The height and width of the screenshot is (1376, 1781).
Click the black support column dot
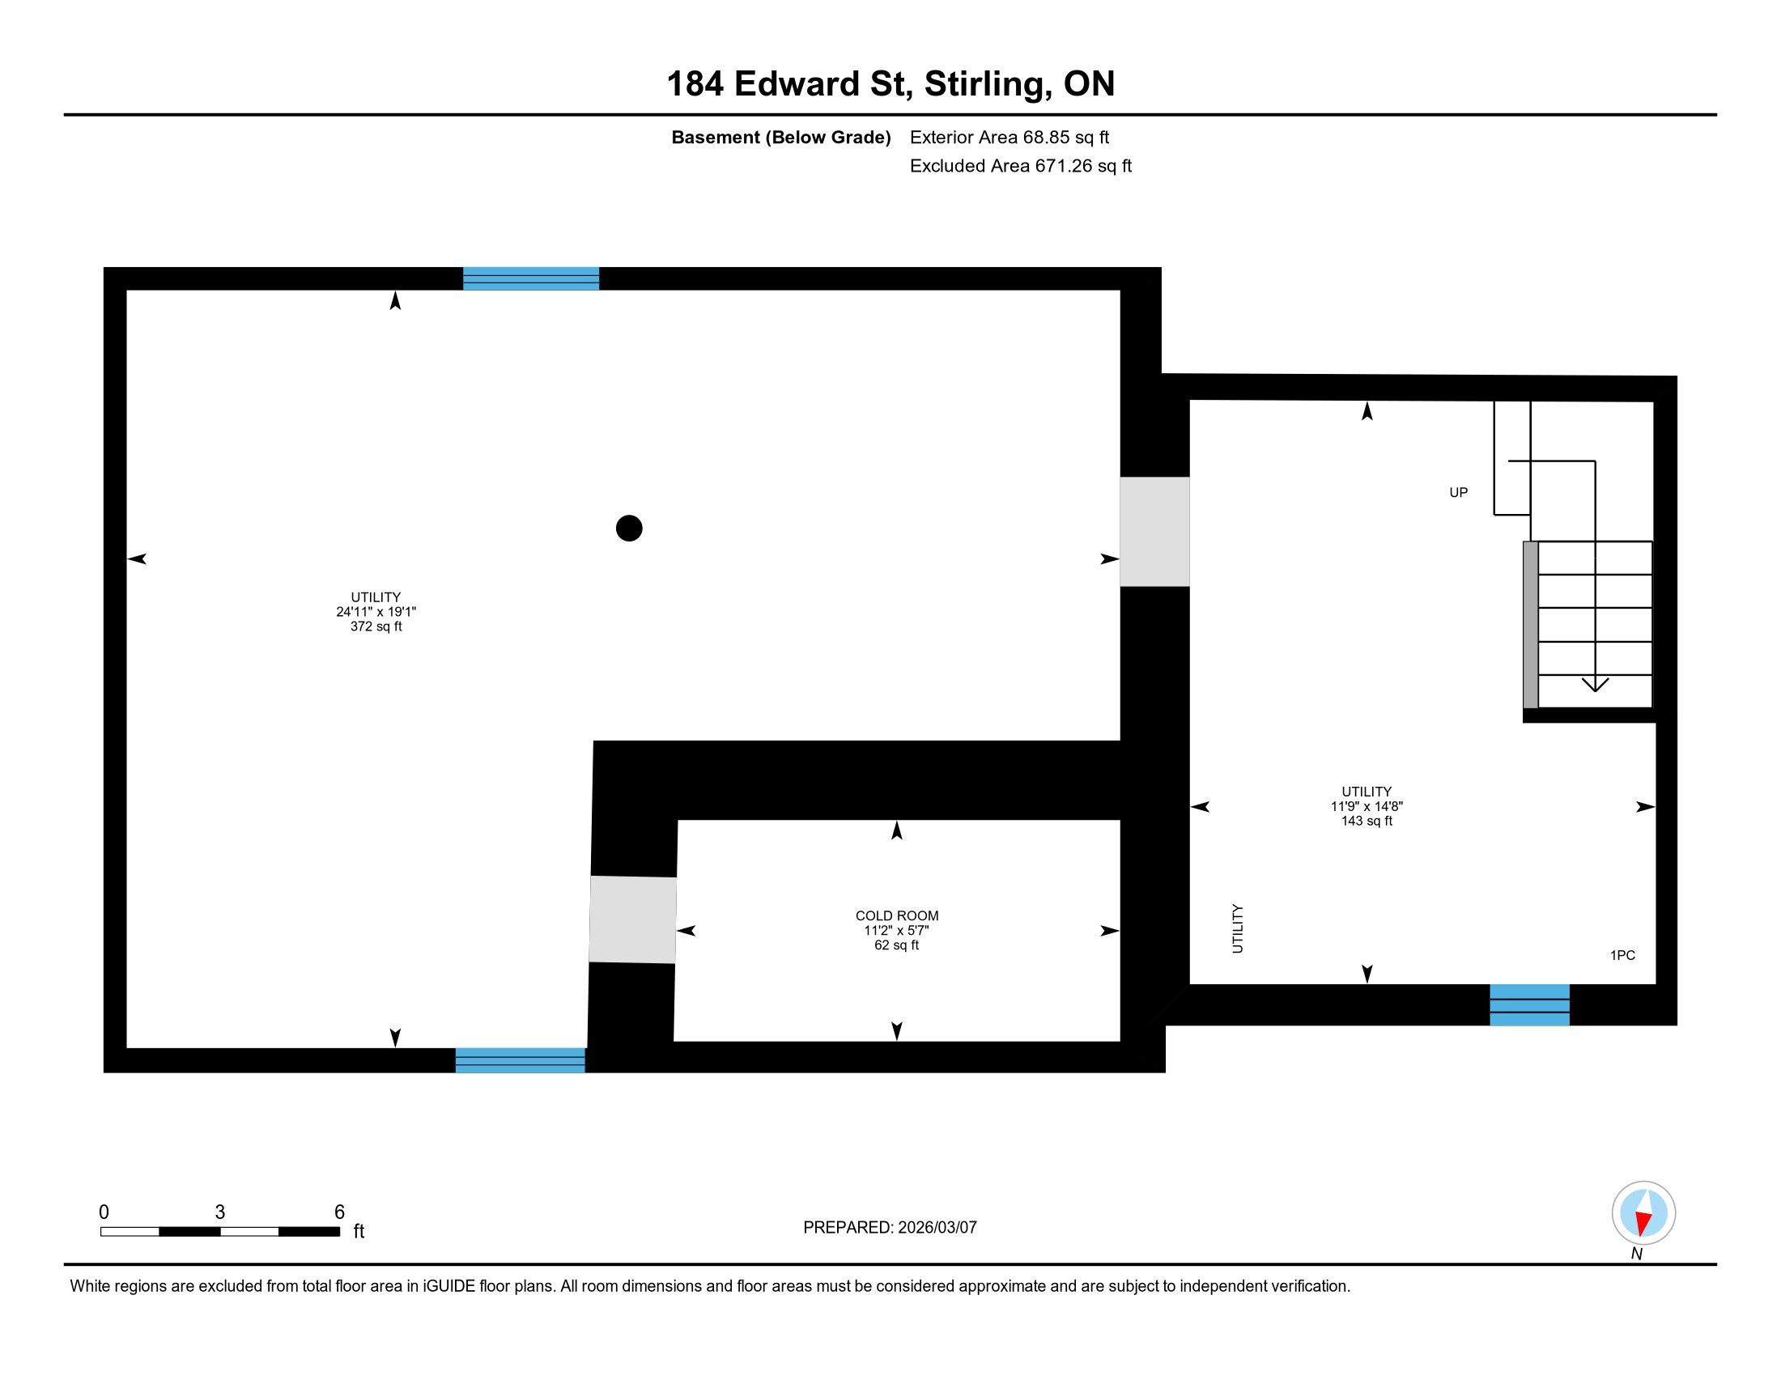click(629, 529)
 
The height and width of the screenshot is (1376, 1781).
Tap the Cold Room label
click(896, 915)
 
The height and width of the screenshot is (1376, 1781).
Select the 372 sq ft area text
click(376, 626)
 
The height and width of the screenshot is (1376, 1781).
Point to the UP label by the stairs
click(1458, 492)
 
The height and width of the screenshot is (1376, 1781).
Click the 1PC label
click(1622, 955)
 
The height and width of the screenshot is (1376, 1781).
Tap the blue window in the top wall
click(531, 278)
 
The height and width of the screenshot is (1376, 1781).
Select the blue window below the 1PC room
click(1529, 1004)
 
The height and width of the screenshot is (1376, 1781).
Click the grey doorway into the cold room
click(633, 919)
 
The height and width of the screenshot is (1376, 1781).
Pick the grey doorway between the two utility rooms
click(1154, 532)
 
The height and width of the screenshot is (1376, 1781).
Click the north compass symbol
click(1643, 1212)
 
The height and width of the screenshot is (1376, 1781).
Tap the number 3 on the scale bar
click(220, 1212)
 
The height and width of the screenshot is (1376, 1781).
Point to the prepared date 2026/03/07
click(937, 1227)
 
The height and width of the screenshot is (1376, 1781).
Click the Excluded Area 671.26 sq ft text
click(1020, 165)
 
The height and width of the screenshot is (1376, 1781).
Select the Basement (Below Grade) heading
click(780, 137)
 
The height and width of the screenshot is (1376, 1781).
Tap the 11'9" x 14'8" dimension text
click(1367, 806)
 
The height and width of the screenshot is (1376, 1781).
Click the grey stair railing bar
click(1531, 624)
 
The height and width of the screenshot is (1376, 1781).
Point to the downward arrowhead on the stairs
click(1595, 684)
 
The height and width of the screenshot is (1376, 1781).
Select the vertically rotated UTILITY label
click(1237, 928)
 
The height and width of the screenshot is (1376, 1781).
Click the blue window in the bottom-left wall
click(521, 1060)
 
